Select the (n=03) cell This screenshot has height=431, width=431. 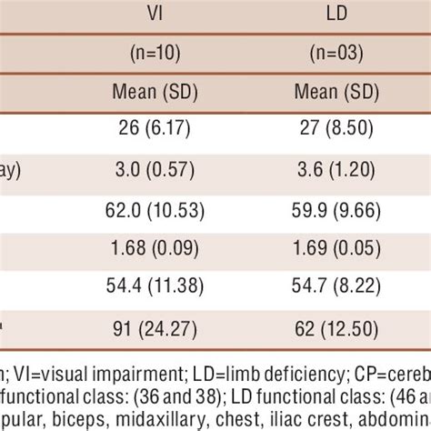point(337,54)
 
